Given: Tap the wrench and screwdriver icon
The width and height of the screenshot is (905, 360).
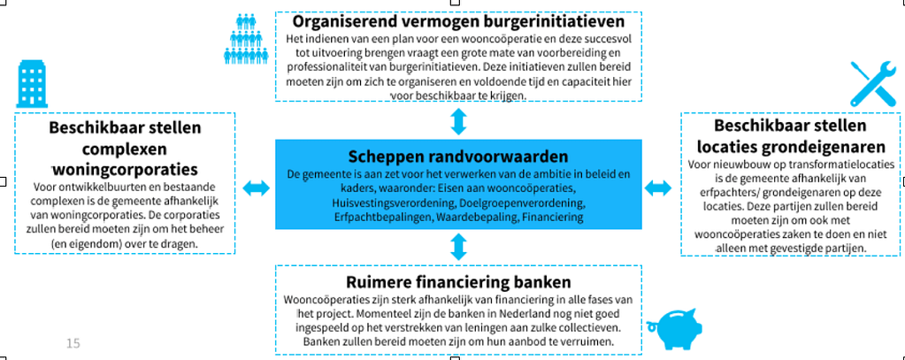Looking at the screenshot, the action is (873, 84).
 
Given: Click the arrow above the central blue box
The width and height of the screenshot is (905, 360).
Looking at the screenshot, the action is (458, 121).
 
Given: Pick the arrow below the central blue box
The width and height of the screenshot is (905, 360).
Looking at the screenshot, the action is (458, 247).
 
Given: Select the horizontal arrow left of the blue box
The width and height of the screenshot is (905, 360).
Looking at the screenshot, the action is (256, 188).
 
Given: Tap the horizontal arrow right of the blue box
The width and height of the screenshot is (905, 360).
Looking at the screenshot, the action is (658, 188).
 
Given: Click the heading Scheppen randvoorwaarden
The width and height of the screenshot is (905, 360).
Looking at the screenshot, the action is (458, 157).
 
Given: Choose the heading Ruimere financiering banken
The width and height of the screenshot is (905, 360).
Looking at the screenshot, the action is (458, 282).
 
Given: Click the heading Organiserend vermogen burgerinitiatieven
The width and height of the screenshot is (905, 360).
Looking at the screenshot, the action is (458, 22).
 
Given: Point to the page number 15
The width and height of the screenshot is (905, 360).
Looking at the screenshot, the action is (73, 343).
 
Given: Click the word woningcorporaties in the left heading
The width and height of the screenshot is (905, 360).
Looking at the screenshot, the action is (124, 170).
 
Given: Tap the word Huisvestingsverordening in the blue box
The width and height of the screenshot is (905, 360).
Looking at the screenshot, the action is (385, 203).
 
